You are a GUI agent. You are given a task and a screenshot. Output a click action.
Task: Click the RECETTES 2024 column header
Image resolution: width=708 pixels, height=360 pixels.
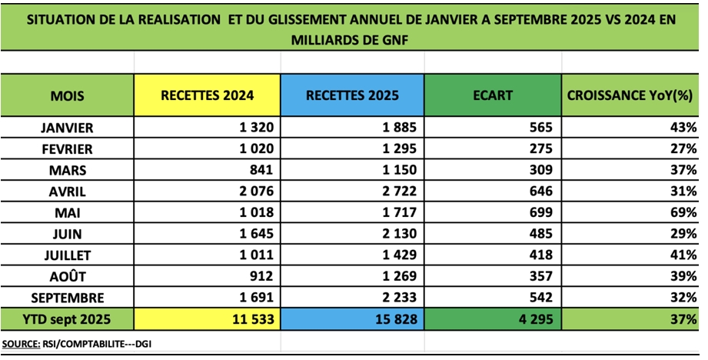point(208,96)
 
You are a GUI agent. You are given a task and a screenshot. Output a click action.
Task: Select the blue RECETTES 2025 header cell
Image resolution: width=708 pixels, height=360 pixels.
point(352,96)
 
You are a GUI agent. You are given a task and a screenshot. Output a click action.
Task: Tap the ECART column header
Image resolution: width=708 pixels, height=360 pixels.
point(494,96)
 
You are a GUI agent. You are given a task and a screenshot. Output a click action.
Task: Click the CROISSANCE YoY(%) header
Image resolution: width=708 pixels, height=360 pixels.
point(631,96)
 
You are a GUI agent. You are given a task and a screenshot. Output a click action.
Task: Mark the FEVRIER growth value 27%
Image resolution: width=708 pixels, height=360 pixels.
point(683,148)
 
